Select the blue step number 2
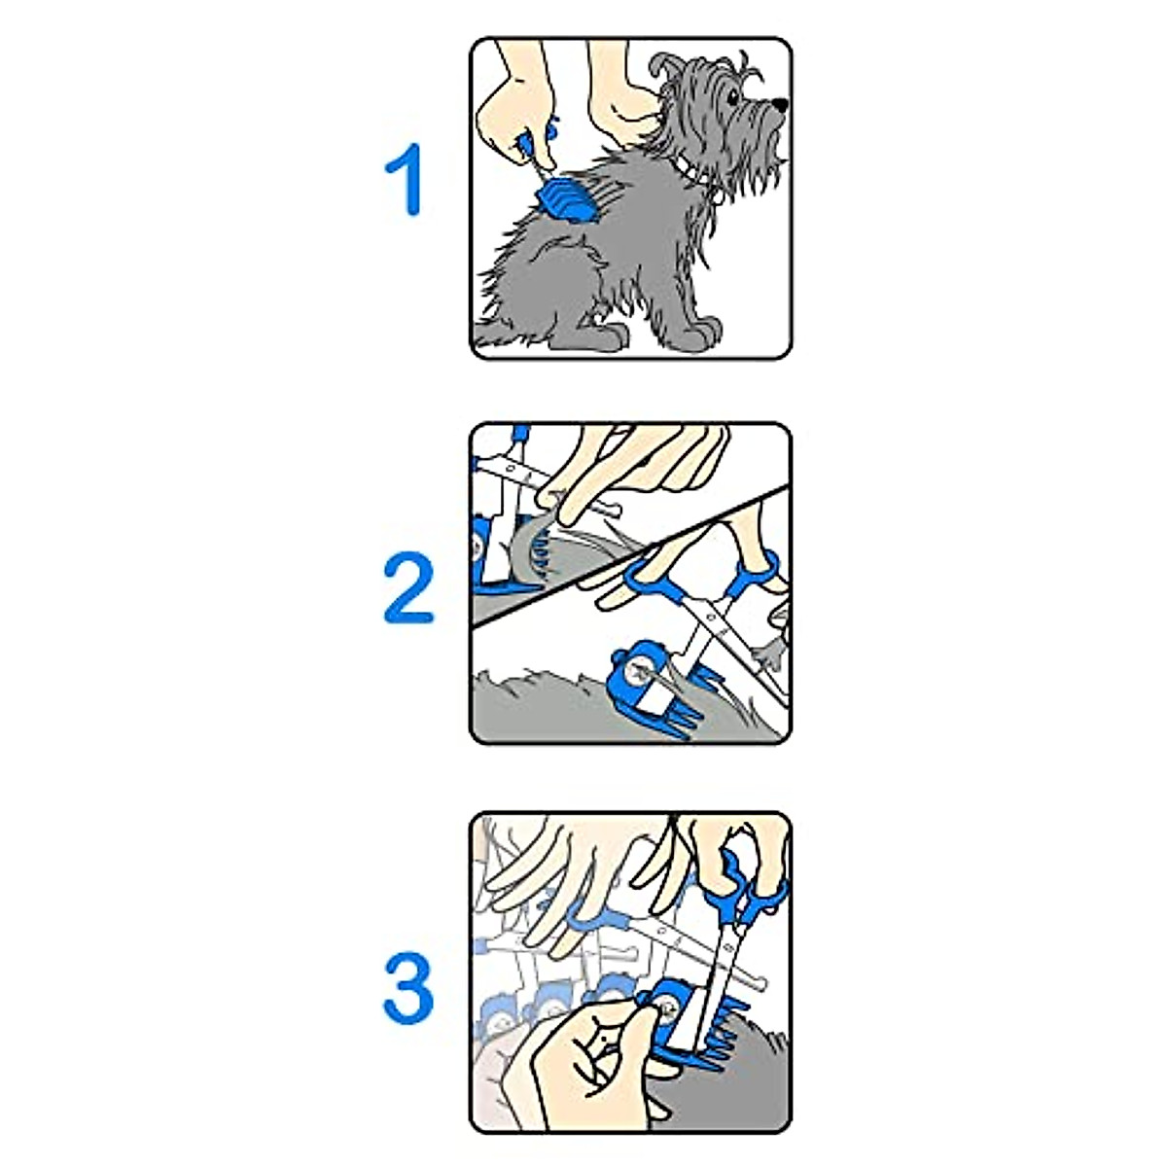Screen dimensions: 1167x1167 (409, 588)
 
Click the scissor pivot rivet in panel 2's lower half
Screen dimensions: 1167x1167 (715, 615)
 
